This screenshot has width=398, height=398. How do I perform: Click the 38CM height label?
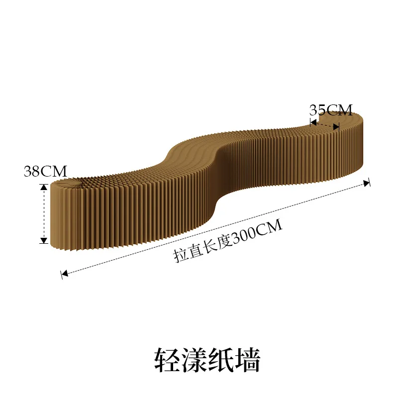[45, 171]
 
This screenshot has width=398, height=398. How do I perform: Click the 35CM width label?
[331, 110]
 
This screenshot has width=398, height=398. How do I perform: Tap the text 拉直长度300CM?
[228, 241]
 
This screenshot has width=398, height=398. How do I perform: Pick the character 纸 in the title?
[221, 360]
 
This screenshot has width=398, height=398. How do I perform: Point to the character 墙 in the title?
[247, 360]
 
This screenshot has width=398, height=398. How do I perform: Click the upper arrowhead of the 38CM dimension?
[44, 187]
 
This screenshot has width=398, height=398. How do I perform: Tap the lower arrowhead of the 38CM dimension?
[44, 240]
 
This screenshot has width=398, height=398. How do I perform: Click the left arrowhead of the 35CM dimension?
[313, 122]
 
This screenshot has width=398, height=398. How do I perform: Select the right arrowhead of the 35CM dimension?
[336, 126]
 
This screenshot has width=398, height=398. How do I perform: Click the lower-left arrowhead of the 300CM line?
[65, 273]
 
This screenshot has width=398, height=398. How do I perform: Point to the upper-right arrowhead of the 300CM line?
[367, 183]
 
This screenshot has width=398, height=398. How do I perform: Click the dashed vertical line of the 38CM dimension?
[44, 214]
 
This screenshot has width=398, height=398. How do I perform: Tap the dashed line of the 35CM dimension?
[325, 125]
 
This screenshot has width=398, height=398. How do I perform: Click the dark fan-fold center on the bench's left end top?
[82, 182]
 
